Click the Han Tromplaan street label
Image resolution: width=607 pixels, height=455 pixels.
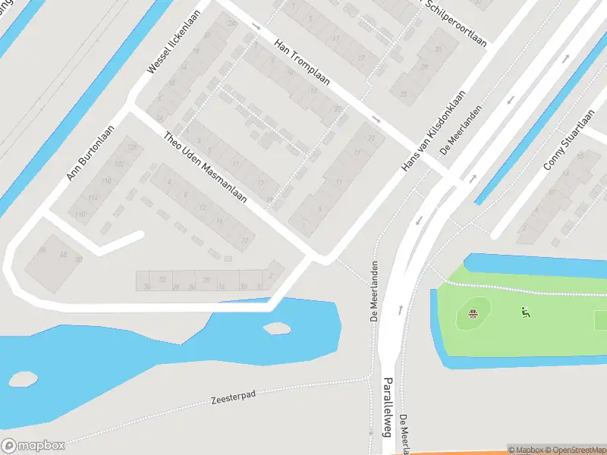301,64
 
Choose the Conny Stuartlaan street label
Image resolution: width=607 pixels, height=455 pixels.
569,143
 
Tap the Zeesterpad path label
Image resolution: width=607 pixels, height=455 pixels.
236,399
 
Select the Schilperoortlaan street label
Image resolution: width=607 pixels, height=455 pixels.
455,23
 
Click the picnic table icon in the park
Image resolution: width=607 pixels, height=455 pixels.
473,314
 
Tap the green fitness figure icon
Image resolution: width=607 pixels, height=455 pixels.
524,312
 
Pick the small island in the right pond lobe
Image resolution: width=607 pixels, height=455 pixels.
277,328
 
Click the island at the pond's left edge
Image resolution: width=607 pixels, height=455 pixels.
22,376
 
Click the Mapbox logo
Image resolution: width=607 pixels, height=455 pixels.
33,446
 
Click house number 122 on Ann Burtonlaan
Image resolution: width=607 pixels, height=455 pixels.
118,165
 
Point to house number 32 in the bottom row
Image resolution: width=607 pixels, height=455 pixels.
162,280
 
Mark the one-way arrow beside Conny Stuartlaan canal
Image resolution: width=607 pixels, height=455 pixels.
510,99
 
